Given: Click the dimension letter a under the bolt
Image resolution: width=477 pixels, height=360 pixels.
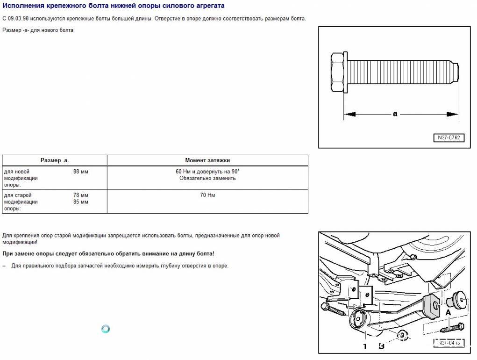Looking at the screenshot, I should [395, 114].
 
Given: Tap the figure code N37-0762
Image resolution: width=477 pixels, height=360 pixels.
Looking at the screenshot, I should [449, 138].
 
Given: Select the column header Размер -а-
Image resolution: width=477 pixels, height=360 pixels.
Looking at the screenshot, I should [55, 160].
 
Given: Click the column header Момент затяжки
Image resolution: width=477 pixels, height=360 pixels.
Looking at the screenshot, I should [207, 160].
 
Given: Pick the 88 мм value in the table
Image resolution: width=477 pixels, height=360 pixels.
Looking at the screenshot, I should [81, 172].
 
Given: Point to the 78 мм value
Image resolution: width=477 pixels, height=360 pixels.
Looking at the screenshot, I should [81, 195].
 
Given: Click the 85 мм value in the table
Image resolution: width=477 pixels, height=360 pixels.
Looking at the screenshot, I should [81, 202].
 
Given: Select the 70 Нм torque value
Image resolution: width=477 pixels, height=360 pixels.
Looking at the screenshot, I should [207, 195].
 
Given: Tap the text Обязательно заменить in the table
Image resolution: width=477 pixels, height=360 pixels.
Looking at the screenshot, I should [207, 178].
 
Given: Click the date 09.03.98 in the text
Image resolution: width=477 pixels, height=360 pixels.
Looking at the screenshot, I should [18, 19].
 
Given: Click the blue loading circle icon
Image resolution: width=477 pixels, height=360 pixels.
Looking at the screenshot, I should [106, 329].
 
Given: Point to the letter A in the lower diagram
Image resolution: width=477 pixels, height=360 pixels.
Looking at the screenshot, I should [448, 312].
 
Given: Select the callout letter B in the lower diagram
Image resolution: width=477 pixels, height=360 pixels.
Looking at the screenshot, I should [382, 346].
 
